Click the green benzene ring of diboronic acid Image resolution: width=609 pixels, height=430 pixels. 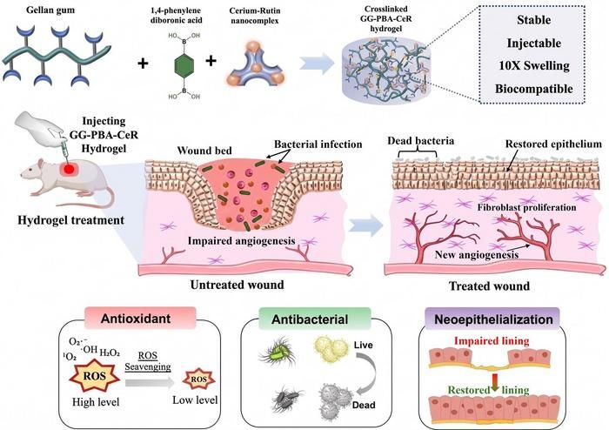183,65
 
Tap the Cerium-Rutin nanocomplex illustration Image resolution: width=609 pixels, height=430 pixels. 255,64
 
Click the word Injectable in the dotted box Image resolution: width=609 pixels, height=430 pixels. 533,44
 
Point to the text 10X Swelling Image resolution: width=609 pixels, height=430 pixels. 534,65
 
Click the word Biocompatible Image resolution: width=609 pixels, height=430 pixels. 533,89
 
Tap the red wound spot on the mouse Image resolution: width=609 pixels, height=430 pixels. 69,169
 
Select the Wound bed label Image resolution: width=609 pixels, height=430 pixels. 204,151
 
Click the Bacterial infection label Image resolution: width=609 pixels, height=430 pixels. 318,144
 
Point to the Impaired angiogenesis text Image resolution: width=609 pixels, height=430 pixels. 241,241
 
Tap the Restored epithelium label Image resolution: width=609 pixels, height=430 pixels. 553,144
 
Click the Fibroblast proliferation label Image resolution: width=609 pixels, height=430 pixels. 526,207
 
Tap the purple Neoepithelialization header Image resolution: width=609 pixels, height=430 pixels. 493,319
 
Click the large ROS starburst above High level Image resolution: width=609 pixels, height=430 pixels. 94,376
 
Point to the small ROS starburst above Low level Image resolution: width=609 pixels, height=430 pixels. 198,380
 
